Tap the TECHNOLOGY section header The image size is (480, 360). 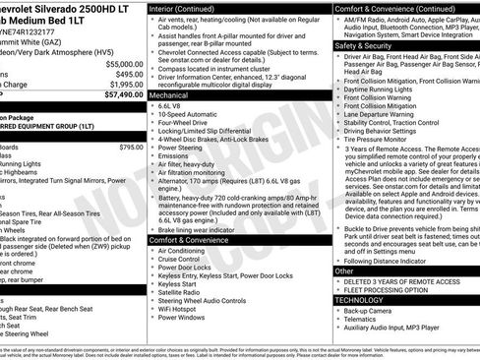[360, 299]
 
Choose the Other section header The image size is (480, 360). [343, 270]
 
